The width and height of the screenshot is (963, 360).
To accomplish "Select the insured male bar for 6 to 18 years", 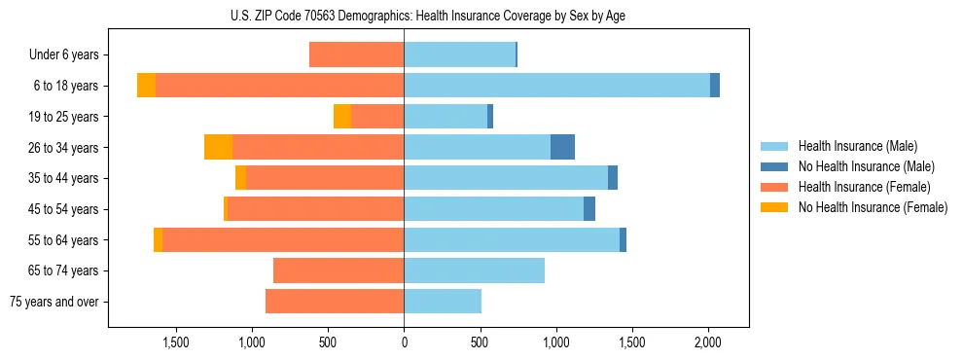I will pos(556,86).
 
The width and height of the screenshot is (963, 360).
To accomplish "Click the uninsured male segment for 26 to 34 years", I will pos(562,147).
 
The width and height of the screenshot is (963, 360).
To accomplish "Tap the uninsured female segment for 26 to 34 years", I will pos(218,147).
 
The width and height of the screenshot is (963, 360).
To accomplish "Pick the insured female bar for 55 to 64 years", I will pos(283,239).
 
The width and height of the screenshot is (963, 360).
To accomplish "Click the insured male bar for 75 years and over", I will pos(443,302).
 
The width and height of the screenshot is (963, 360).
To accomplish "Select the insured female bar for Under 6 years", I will pos(356,55).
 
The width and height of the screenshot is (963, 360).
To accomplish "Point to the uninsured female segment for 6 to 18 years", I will pos(146,86).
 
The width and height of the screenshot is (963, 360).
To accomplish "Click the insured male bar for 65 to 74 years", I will pos(474,270).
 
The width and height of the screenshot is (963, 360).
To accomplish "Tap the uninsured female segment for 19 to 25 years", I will pos(342,117).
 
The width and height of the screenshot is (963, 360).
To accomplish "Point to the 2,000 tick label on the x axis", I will pos(707,342).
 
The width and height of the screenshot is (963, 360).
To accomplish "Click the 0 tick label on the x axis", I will pos(404,342).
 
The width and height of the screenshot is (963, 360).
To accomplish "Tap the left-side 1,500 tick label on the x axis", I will pos(176,342).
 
